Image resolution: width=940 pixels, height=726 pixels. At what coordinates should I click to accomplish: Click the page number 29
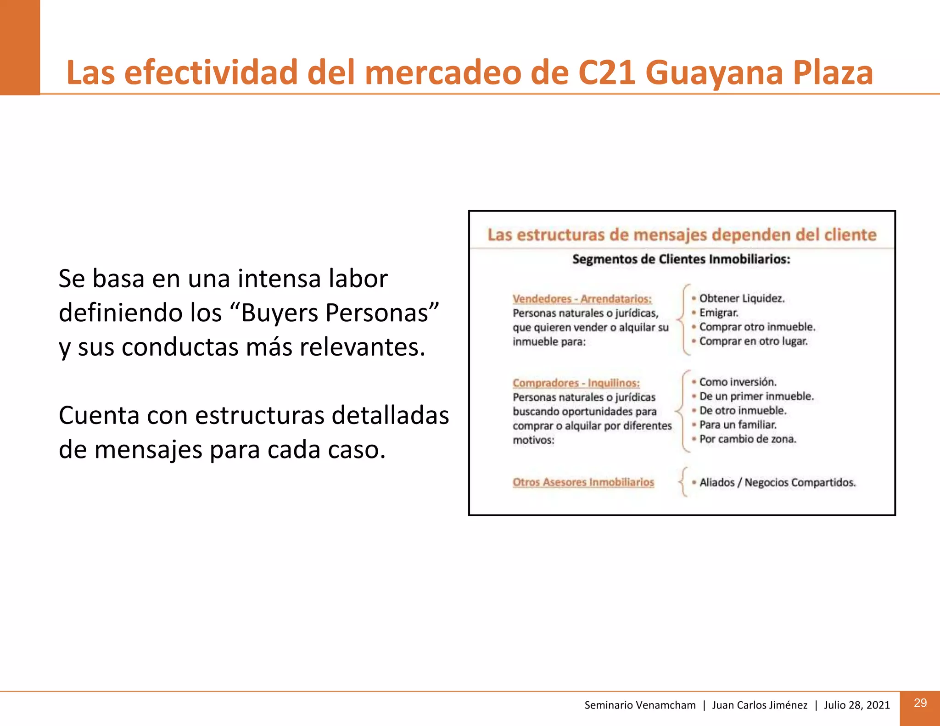tap(920, 703)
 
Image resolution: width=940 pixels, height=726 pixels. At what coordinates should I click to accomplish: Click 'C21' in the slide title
tap(607, 73)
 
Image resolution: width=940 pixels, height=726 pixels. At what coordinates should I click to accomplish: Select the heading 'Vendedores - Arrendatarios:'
tap(582, 299)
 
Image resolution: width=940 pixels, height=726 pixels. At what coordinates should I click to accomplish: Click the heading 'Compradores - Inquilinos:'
tap(576, 383)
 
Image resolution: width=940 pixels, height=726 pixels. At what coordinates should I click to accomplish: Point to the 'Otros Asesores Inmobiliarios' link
tap(583, 482)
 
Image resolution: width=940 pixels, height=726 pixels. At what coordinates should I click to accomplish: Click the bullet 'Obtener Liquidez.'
tap(742, 298)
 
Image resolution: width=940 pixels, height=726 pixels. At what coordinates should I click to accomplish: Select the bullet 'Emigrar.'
tap(719, 313)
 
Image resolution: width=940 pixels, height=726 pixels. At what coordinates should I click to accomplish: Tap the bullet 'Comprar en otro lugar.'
tap(753, 341)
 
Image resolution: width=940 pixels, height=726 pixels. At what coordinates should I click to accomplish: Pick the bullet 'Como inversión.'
tap(738, 382)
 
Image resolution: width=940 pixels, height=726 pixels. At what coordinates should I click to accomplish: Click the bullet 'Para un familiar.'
tap(738, 424)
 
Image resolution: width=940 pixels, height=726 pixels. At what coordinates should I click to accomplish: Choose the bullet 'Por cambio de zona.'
tap(748, 439)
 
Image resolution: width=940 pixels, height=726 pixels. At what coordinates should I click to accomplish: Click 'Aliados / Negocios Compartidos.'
tap(778, 482)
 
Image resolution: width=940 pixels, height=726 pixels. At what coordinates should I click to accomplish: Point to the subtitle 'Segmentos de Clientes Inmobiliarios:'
tap(681, 259)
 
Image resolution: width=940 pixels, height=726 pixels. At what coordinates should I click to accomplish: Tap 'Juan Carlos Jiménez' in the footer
tap(759, 705)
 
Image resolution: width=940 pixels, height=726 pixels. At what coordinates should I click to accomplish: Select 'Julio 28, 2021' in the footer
tap(856, 705)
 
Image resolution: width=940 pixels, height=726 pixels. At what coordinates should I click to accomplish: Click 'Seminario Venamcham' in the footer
tap(640, 705)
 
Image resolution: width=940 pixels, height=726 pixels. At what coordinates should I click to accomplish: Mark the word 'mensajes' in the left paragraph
tap(148, 450)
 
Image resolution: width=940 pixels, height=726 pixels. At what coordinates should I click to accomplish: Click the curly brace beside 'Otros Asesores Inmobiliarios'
tap(683, 482)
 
